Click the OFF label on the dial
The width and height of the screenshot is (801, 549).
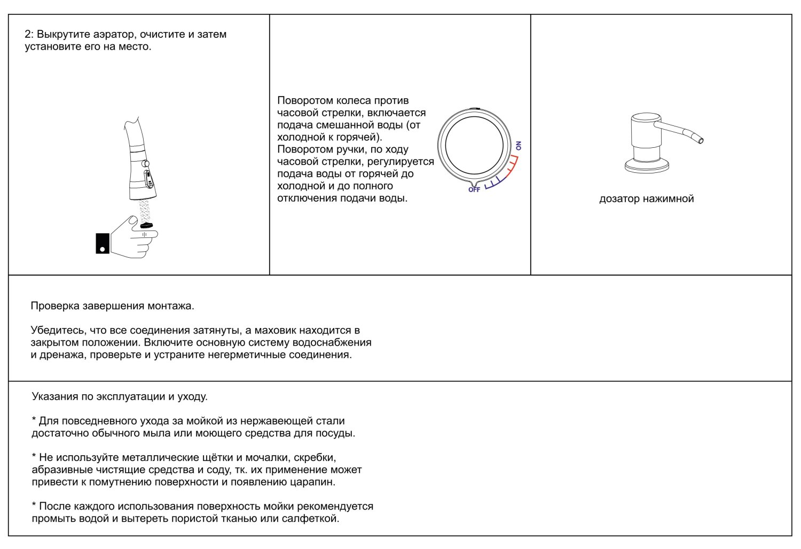pos(474,190)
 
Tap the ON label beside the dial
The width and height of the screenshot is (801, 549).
pos(519,146)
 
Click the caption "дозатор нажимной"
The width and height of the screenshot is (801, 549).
pos(646,199)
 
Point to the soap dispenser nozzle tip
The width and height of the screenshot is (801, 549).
pos(701,140)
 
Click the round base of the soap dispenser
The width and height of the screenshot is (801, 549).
pos(647,167)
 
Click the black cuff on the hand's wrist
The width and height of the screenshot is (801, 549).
pos(103,243)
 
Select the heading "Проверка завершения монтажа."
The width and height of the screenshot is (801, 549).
pos(112,306)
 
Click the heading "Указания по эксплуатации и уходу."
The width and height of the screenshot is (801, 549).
pos(120,397)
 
